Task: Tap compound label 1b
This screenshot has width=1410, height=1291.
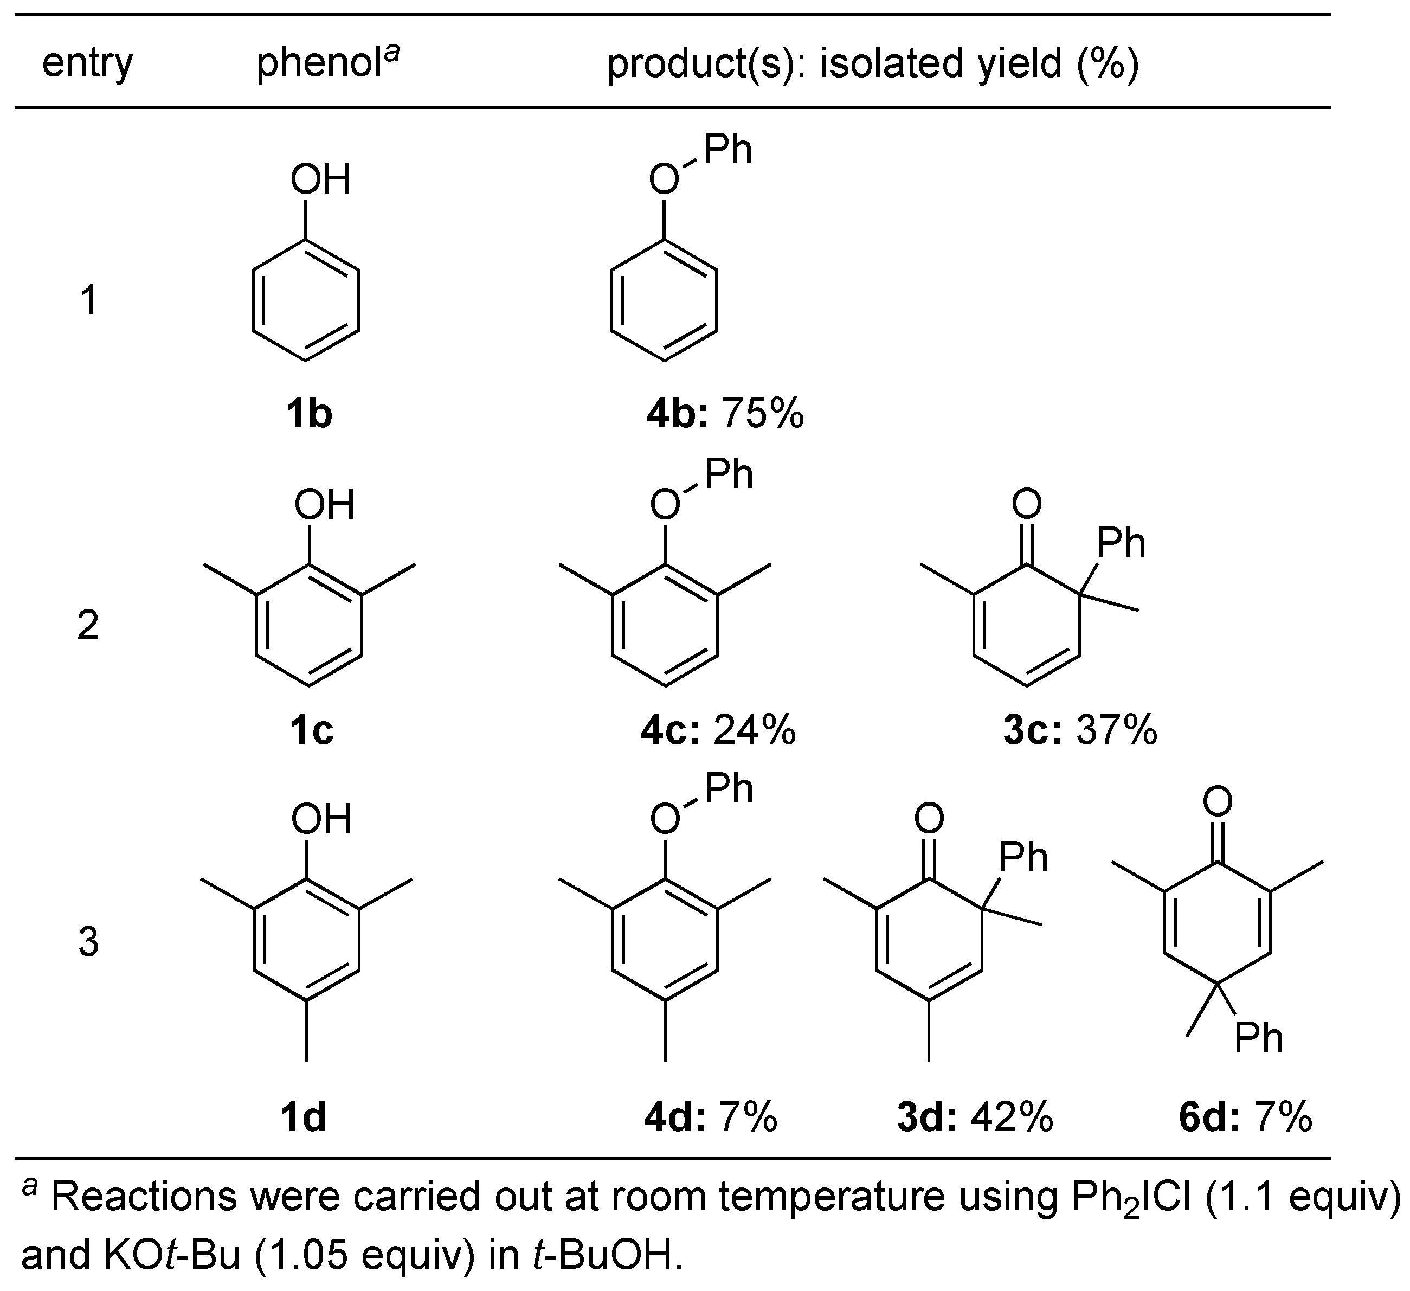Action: click(308, 414)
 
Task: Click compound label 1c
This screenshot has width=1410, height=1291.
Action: click(311, 730)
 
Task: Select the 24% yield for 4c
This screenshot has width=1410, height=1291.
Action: click(755, 730)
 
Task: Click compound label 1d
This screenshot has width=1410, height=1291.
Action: click(304, 1117)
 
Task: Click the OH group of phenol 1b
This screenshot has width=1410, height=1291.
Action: click(320, 180)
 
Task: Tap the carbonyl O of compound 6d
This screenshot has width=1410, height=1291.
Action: click(1218, 801)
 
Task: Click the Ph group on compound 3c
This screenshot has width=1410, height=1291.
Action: click(1121, 543)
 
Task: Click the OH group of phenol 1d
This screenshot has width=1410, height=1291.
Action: click(321, 819)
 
